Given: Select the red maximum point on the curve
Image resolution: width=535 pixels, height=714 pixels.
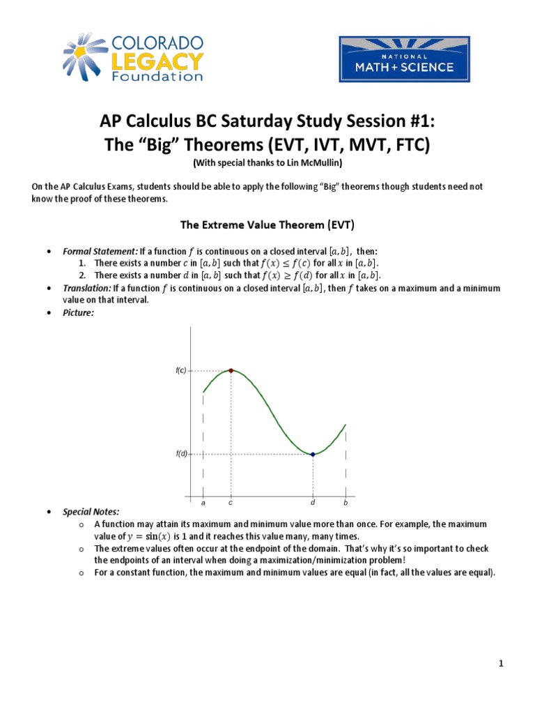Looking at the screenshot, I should pos(231,371).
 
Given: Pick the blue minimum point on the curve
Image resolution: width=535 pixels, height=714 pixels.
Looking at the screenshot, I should pos(313,454).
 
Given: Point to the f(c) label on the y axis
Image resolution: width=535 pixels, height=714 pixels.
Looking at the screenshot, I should pos(181,371).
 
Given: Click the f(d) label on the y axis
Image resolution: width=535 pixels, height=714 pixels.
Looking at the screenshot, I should pos(181,454).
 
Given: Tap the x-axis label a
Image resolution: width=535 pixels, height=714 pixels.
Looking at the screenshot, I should pos(203,503).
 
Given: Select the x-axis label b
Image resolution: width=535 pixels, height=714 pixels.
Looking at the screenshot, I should pos(346,503).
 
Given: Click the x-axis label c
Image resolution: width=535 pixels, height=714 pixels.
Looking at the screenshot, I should pos(231,502).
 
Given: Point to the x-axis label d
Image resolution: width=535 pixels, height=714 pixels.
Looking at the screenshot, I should pos(313,502).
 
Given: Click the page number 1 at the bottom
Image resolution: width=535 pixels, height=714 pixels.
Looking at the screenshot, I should pos(500,663).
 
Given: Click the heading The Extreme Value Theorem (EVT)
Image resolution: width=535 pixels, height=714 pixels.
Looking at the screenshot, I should pos(267,225).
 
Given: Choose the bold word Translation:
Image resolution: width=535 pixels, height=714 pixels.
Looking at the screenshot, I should pos(86,288).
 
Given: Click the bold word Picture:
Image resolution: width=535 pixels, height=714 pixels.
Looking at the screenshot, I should pos(78,313).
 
